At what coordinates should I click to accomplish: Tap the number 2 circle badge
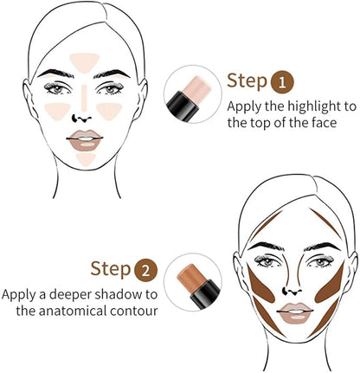[147, 269]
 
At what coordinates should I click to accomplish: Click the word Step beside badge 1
[247, 81]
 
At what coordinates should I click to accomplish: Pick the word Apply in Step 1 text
[246, 106]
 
